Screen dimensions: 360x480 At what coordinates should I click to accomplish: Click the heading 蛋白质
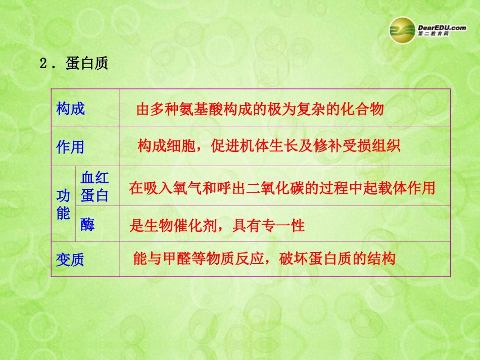click(x=87, y=64)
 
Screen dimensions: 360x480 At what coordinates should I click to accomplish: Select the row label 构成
click(x=71, y=109)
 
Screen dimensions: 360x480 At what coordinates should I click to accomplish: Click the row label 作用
click(x=71, y=147)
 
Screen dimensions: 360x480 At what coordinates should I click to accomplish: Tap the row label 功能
click(x=63, y=204)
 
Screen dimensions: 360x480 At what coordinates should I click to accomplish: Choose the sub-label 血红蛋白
click(x=95, y=186)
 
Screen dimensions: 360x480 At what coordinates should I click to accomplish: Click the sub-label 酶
click(x=87, y=225)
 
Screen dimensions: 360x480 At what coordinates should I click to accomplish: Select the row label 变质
click(x=70, y=260)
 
